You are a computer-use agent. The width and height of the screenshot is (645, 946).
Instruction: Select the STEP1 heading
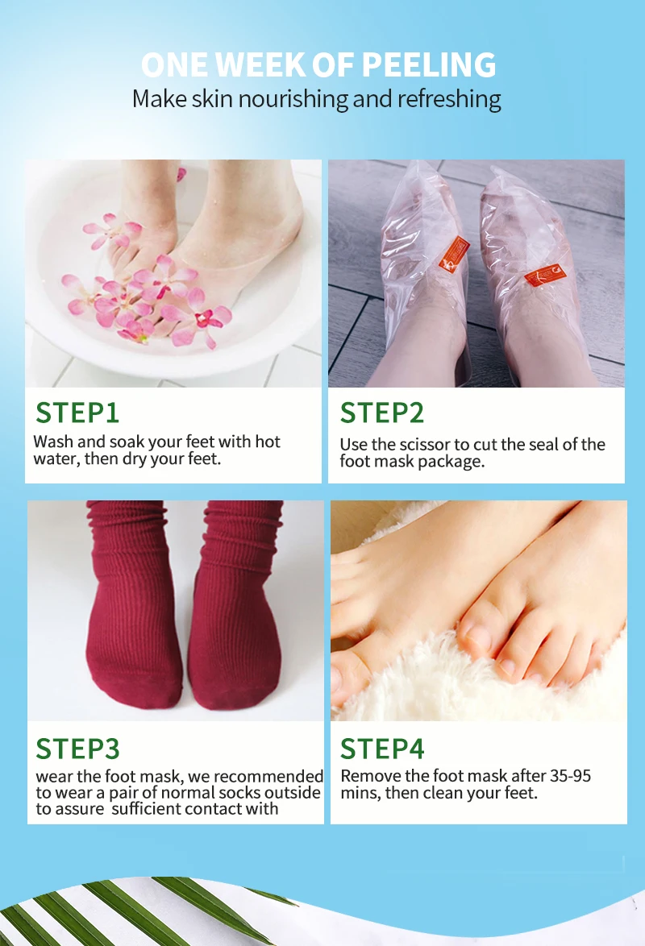(77, 413)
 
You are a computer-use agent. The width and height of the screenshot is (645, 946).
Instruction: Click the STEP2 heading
(381, 413)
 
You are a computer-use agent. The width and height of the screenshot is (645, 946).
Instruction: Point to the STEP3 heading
(77, 749)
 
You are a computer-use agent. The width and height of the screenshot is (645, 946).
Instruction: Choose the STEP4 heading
(381, 749)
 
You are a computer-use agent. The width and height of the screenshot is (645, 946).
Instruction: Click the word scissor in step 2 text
(436, 445)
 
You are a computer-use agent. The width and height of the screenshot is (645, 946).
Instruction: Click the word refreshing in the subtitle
(449, 99)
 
